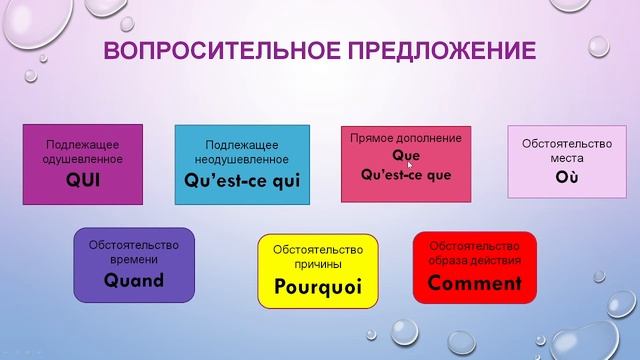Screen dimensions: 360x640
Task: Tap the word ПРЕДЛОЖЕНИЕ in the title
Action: pos(444,51)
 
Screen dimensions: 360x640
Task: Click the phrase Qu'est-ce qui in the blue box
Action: pos(242,181)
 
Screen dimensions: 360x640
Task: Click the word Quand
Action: pos(134,280)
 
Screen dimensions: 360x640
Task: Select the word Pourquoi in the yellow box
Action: pos(316,289)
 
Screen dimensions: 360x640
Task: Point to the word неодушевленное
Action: pos(242,159)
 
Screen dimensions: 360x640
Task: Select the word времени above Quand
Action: pos(134,259)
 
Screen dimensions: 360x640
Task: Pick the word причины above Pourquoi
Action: pos(316,264)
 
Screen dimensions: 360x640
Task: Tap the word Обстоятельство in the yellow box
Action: pos(316,248)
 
